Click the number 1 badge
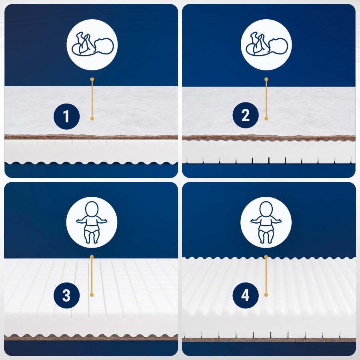pyautogui.click(x=66, y=116)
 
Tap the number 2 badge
pyautogui.click(x=246, y=115)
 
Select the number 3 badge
pyautogui.click(x=66, y=296)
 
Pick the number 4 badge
pyautogui.click(x=246, y=296)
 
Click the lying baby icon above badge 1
pyautogui.click(x=92, y=44)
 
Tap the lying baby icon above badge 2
pyautogui.click(x=266, y=44)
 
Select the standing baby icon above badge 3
pyautogui.click(x=92, y=222)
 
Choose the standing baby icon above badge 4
pyautogui.click(x=266, y=222)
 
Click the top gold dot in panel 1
pyautogui.click(x=92, y=80)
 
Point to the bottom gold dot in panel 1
pyautogui.click(x=92, y=119)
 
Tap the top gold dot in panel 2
pyautogui.click(x=266, y=80)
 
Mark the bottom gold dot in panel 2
pyautogui.click(x=266, y=119)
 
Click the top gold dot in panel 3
pyautogui.click(x=92, y=257)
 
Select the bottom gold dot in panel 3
pyautogui.click(x=92, y=295)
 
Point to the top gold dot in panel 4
pyautogui.click(x=266, y=257)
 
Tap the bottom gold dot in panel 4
pyautogui.click(x=266, y=295)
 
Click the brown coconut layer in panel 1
pyautogui.click(x=91, y=137)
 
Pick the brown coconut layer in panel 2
pyautogui.click(x=269, y=138)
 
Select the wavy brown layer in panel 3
pyautogui.click(x=91, y=337)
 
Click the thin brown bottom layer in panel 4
pyautogui.click(x=269, y=340)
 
